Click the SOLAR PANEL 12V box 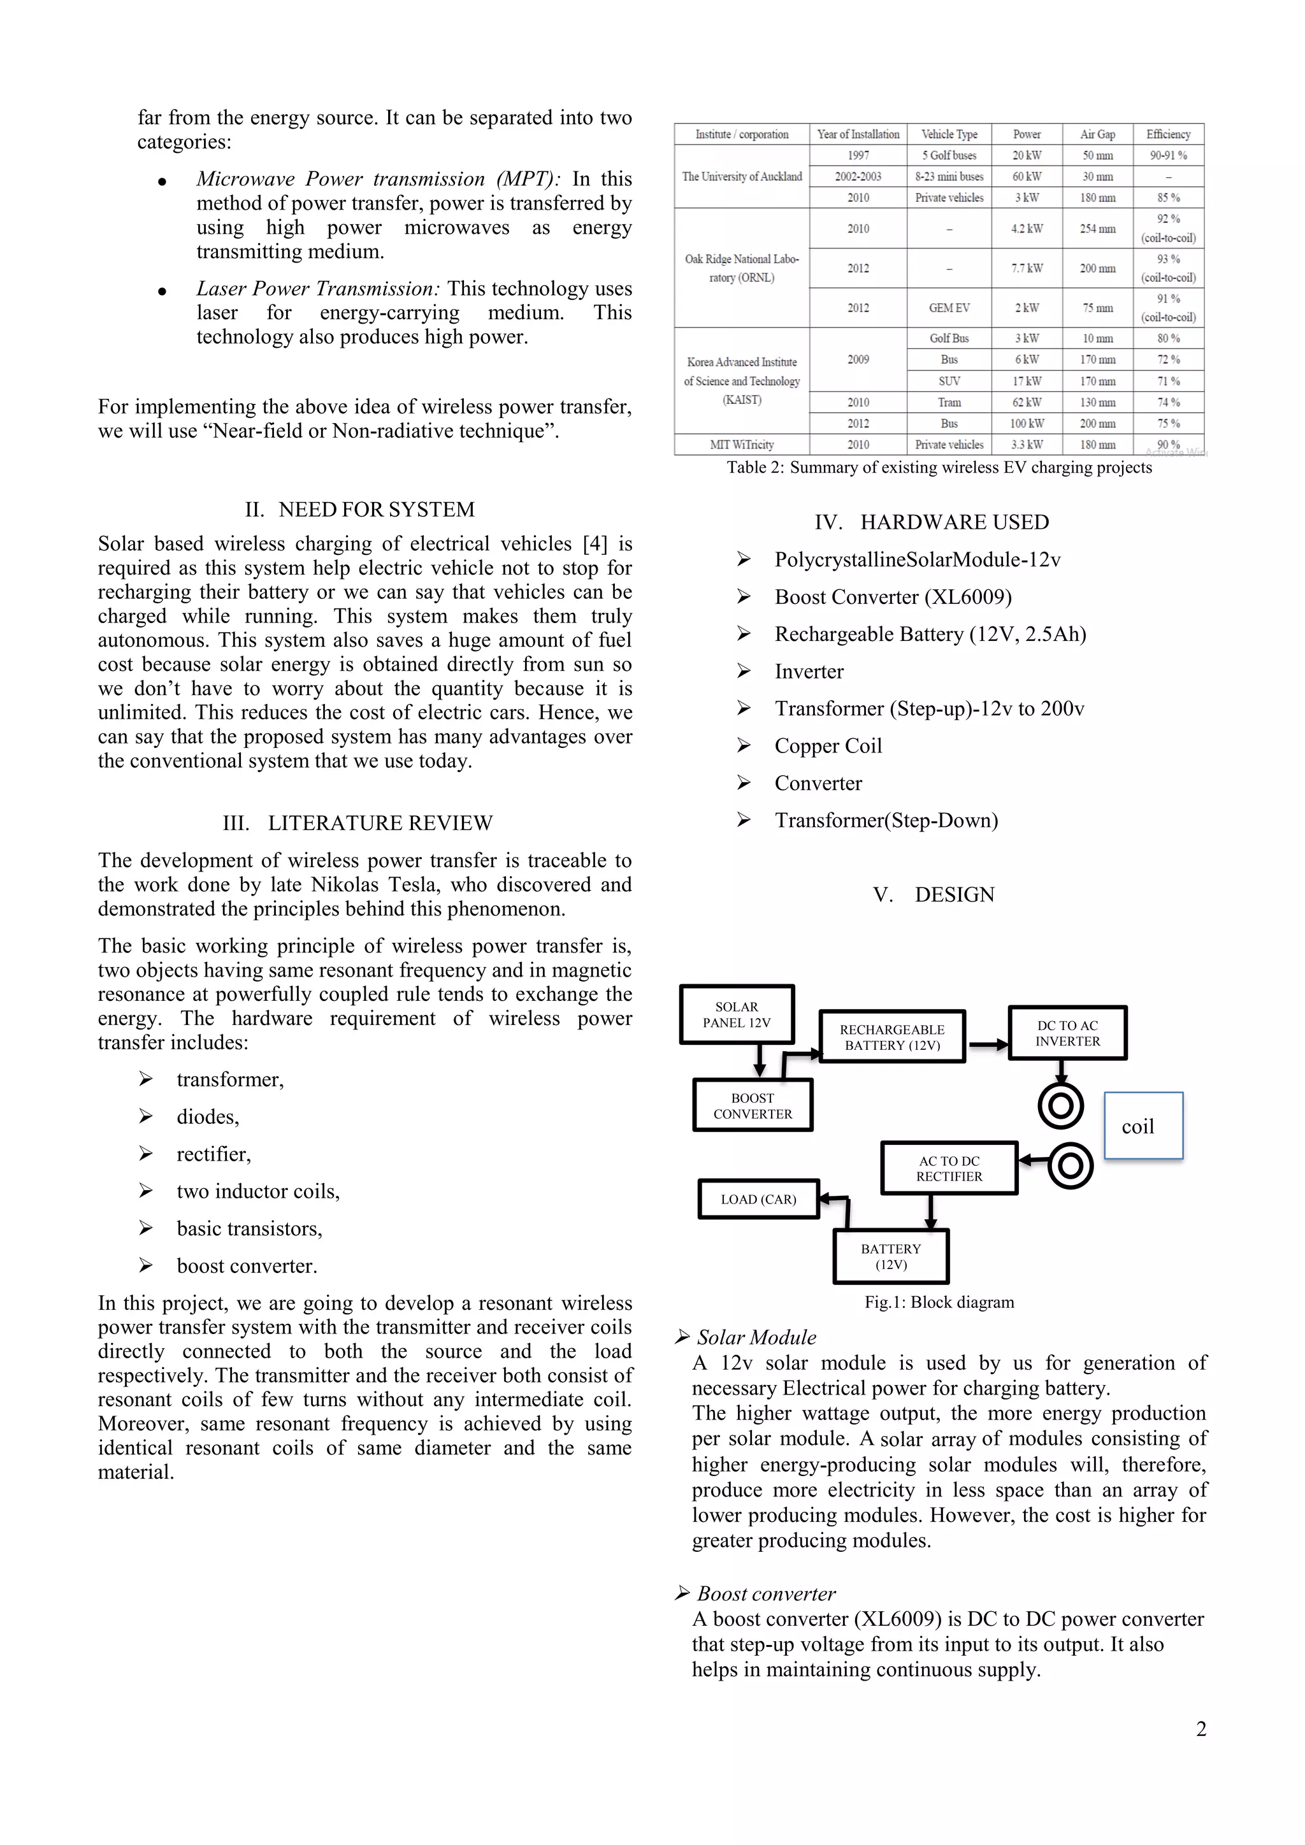[737, 1014]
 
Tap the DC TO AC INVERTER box [1067, 1033]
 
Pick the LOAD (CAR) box [758, 1199]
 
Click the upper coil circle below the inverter [1061, 1107]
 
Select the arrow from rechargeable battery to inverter [988, 1045]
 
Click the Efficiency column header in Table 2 [1169, 134]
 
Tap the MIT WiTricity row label [742, 445]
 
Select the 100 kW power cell [1027, 424]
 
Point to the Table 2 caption [939, 468]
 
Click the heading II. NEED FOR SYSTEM [360, 510]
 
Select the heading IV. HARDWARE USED [932, 522]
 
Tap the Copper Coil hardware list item [828, 746]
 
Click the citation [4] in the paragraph [595, 544]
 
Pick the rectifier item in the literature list [213, 1154]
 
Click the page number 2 [1200, 1728]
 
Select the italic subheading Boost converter [766, 1593]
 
